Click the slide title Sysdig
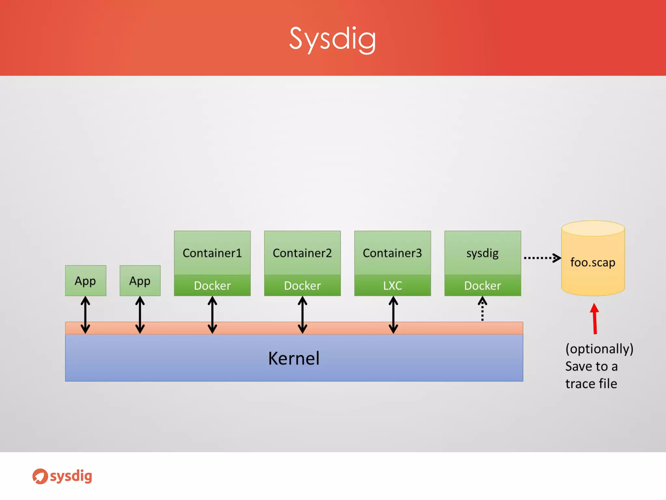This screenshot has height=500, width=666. pos(332,39)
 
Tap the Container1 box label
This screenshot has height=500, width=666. pos(212,253)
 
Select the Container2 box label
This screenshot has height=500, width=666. pos(302,253)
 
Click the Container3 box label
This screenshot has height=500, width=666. pos(392,253)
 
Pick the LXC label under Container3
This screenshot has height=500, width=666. pos(393,285)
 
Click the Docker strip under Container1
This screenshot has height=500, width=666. pos(212,285)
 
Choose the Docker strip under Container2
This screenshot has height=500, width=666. pos(302,285)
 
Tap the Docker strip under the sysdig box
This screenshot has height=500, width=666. pos(483,285)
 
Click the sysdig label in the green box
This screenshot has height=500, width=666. pos(483,253)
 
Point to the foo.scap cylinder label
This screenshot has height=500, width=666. pos(593,262)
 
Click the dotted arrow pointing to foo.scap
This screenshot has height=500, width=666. pos(541,258)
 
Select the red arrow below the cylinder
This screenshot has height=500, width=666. pos(594,319)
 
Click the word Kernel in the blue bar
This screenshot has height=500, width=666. pos(294,358)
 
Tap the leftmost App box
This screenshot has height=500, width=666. pos(85,281)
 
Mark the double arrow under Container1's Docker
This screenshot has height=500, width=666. pos(212,315)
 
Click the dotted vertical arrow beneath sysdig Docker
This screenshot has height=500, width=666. pos(482,309)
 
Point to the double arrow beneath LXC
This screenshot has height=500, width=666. pos(393,315)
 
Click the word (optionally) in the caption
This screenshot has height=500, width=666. pos(599,349)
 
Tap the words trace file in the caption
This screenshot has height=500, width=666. pos(591,383)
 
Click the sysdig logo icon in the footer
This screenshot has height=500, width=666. pos(40,476)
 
